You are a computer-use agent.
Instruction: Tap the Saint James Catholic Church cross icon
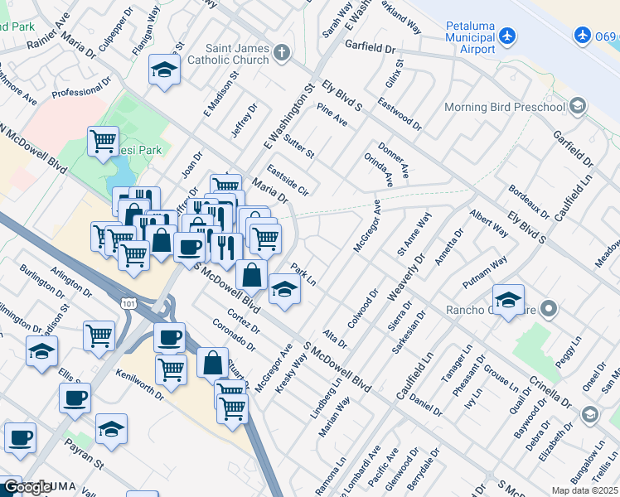pos(282,54)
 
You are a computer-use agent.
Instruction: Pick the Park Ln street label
pos(304,277)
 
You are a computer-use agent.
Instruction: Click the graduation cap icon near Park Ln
pos(283,289)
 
